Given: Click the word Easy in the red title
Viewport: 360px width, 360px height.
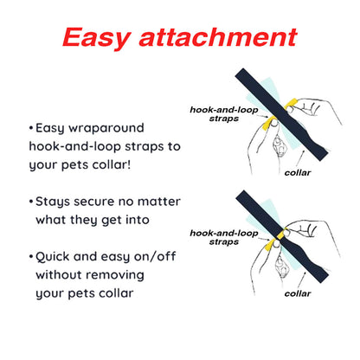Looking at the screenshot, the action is click(x=97, y=38).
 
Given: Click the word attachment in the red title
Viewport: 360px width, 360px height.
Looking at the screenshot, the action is click(x=218, y=37).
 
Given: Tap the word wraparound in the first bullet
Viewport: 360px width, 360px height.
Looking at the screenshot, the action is click(x=106, y=128).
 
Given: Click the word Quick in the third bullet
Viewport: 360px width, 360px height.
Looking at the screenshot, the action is click(x=52, y=257).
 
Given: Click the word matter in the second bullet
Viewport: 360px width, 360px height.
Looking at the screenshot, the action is click(x=159, y=202).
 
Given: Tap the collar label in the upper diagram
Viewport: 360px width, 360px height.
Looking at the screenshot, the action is click(x=298, y=173).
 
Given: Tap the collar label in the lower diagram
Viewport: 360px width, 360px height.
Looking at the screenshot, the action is click(x=298, y=293).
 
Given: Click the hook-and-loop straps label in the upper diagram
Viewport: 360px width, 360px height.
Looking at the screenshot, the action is click(x=224, y=114).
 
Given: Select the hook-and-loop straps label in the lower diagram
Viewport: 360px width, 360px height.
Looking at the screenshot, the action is click(x=224, y=237).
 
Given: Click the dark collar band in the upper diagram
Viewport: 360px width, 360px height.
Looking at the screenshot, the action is click(x=281, y=114).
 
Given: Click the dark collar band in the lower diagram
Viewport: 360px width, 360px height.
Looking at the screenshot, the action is click(x=282, y=236).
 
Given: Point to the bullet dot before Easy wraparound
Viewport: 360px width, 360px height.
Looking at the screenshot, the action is click(x=31, y=128).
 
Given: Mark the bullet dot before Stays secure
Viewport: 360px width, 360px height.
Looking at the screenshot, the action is click(x=31, y=202).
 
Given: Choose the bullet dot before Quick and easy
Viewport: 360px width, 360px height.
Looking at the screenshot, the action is click(x=31, y=256).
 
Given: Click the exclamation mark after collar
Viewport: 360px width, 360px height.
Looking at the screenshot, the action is click(x=129, y=164).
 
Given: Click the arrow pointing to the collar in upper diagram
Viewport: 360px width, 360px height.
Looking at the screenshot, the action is click(x=299, y=159).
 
